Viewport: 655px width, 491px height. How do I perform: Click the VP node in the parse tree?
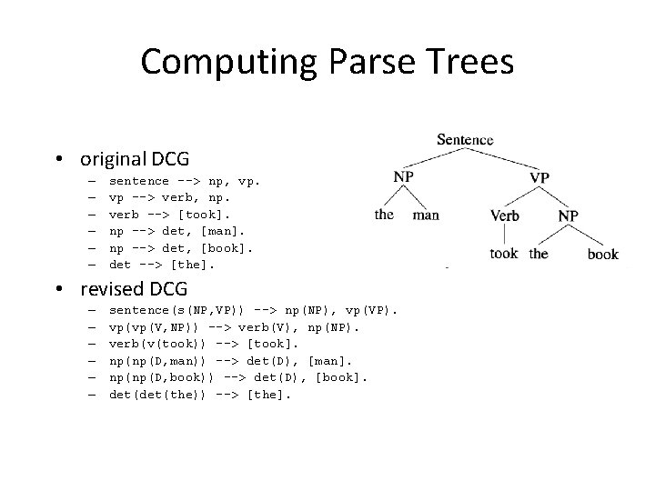click(x=539, y=176)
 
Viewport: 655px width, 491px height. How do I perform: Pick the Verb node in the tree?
click(x=505, y=216)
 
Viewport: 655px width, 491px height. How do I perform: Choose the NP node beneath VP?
click(x=568, y=216)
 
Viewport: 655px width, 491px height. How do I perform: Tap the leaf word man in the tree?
click(x=426, y=215)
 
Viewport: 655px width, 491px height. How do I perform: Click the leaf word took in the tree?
click(x=503, y=254)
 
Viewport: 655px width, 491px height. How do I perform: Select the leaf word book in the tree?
click(x=602, y=255)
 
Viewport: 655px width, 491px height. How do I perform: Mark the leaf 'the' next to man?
click(x=384, y=215)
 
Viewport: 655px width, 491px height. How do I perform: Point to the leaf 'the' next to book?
click(x=539, y=254)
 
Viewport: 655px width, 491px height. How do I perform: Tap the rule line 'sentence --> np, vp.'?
click(x=184, y=181)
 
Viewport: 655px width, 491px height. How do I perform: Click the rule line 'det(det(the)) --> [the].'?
click(x=195, y=394)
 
